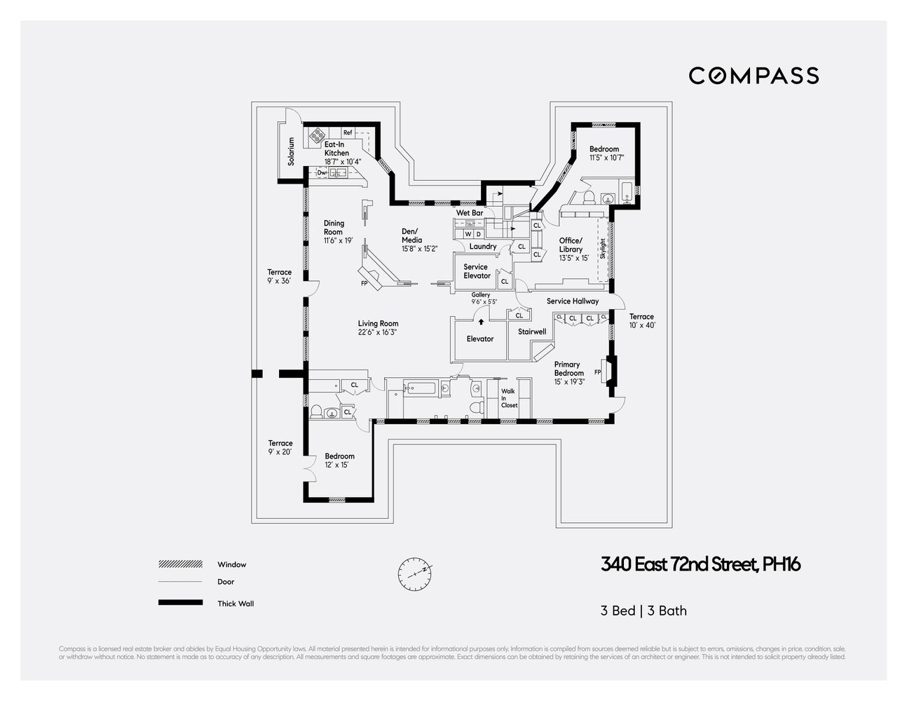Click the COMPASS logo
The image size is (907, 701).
[753, 76]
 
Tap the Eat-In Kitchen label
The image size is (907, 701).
[336, 149]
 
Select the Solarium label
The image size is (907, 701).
[291, 151]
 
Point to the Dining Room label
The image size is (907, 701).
[334, 228]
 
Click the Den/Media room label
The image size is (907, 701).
[411, 236]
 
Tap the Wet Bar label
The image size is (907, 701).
[470, 212]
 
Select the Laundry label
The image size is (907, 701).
[483, 246]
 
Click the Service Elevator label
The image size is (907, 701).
[476, 271]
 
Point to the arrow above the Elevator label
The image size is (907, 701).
[481, 321]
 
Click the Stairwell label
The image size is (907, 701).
[532, 332]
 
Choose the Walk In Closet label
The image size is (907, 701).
[508, 398]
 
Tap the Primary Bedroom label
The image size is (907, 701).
[568, 369]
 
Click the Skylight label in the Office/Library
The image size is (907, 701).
[602, 249]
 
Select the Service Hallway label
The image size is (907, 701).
[573, 301]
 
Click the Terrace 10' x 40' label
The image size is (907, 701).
[641, 321]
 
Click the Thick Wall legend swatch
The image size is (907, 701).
[180, 603]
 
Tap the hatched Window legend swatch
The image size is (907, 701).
[180, 564]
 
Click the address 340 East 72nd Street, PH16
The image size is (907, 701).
[700, 564]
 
